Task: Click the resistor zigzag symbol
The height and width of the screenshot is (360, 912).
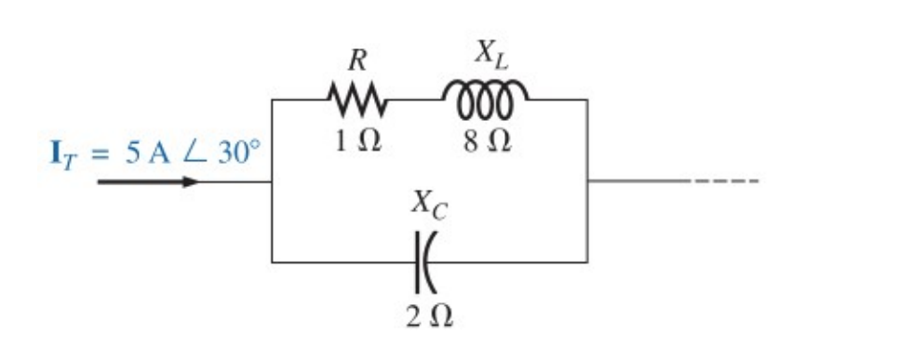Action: click(x=356, y=97)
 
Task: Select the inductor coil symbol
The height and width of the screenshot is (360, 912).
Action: click(x=484, y=95)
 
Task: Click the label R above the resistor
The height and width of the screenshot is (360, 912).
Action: click(x=356, y=60)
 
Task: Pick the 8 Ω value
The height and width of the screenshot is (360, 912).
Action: click(x=487, y=141)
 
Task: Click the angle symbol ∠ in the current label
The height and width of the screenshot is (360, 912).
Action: click(x=190, y=153)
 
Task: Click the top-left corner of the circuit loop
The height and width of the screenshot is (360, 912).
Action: click(x=272, y=99)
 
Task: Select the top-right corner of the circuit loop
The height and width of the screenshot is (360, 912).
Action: click(x=587, y=99)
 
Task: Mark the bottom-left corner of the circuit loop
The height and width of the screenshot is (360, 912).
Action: click(x=272, y=262)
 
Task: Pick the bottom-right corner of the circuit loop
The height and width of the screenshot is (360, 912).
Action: click(x=587, y=262)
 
